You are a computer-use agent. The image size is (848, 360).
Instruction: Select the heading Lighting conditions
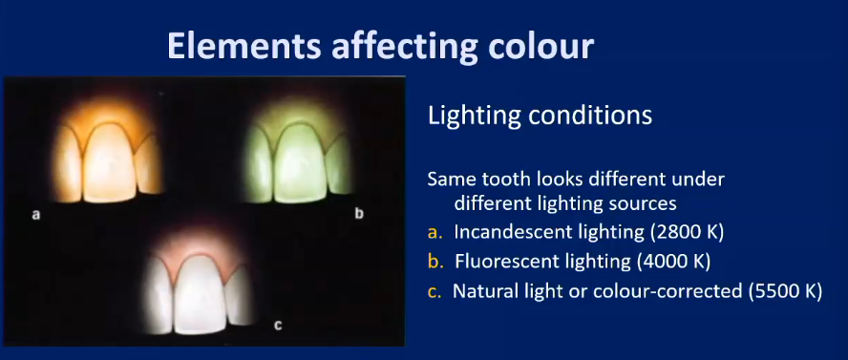pyautogui.click(x=540, y=116)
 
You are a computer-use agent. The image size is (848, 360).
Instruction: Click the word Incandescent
pyautogui.click(x=509, y=231)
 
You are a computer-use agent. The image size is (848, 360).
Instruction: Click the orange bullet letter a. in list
pyautogui.click(x=435, y=231)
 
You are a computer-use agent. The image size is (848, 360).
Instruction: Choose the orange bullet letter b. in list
pyautogui.click(x=435, y=261)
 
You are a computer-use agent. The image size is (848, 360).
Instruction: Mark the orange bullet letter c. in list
pyautogui.click(x=435, y=290)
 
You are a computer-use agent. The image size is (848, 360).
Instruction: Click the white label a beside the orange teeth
pyautogui.click(x=35, y=215)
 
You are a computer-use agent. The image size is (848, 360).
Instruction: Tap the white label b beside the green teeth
pyautogui.click(x=359, y=214)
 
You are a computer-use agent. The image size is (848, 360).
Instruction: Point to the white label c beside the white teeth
pyautogui.click(x=278, y=325)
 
